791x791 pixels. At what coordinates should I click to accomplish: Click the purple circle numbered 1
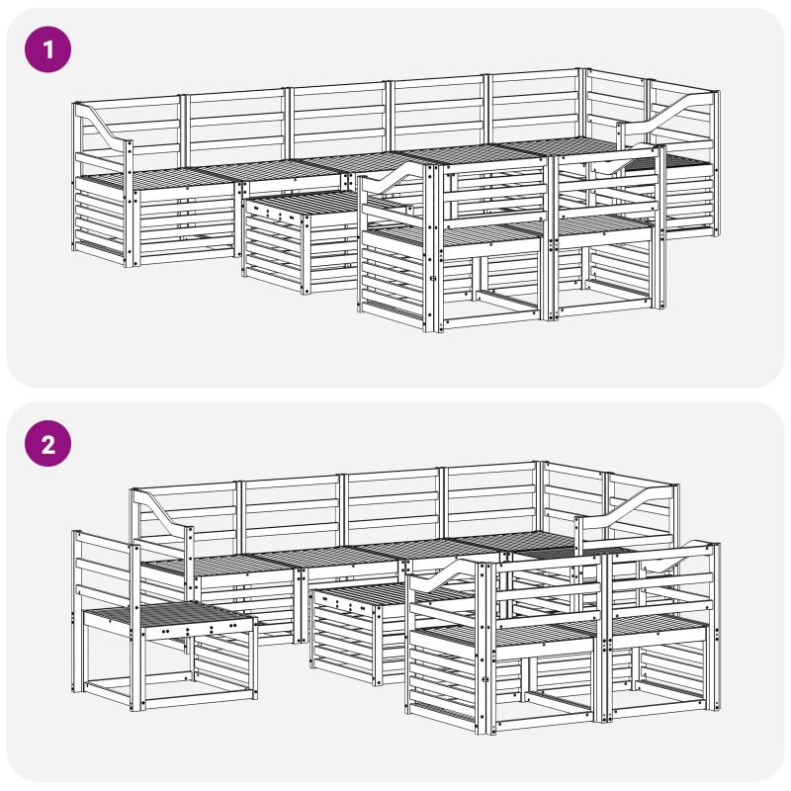click(x=47, y=49)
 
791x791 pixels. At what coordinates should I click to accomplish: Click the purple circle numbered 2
click(x=47, y=444)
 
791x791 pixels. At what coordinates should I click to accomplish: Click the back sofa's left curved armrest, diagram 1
click(x=104, y=127)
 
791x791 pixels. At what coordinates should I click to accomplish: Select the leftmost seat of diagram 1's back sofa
click(x=156, y=178)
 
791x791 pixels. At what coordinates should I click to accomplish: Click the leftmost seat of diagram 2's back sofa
click(x=221, y=565)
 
